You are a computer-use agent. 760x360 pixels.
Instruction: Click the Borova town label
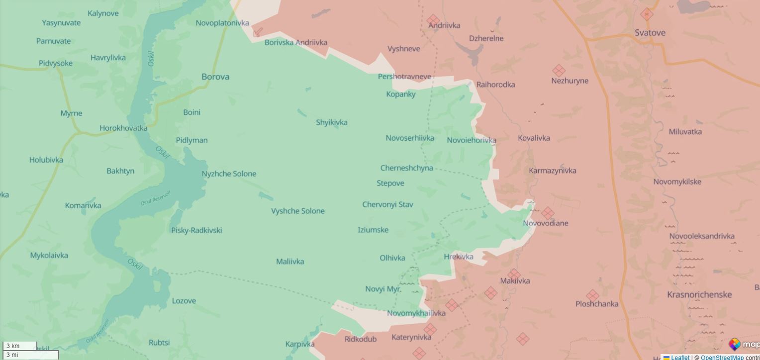[215, 77]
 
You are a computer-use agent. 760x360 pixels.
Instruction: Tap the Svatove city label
[650, 33]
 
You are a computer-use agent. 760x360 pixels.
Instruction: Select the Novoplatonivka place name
[222, 23]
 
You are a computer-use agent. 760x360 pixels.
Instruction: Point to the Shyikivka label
[331, 122]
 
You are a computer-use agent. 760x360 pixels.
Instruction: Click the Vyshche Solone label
[297, 211]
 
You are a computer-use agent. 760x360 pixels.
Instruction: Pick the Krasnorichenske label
[699, 294]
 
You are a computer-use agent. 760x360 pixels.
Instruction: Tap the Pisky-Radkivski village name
[196, 230]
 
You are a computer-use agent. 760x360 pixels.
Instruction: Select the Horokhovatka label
[123, 128]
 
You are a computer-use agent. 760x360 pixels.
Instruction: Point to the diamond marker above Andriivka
[433, 20]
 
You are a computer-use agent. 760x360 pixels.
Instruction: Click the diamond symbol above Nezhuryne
[559, 71]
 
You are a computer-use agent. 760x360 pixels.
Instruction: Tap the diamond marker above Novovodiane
[548, 213]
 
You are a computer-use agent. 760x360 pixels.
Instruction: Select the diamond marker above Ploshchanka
[592, 295]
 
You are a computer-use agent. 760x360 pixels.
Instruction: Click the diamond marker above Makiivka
[514, 274]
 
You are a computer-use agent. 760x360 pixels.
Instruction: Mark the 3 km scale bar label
[13, 346]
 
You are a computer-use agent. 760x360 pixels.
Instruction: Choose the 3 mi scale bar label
[12, 355]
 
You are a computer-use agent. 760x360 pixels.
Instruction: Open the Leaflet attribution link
[680, 357]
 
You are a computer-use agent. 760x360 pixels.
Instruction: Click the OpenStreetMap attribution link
[722, 357]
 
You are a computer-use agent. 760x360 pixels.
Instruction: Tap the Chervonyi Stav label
[387, 204]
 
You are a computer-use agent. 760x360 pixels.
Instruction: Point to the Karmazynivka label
[553, 171]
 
